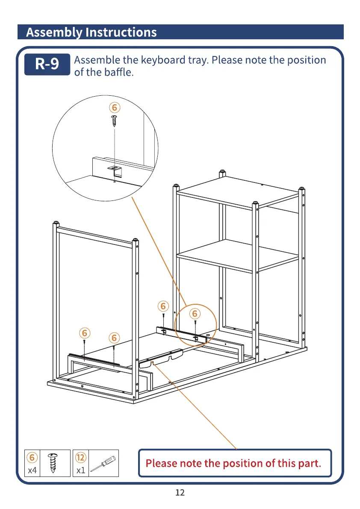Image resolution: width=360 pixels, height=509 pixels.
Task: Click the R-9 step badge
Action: coord(47,65)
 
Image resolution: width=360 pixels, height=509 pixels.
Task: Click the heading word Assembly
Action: coord(55,32)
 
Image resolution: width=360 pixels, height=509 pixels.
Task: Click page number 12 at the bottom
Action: coord(180,493)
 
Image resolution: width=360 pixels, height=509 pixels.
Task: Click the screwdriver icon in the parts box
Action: coord(103,463)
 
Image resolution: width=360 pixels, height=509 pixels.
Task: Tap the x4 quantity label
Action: coord(32,471)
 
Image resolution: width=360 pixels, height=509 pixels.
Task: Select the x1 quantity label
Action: coord(80,471)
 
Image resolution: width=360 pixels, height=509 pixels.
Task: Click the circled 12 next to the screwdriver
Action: coord(81,457)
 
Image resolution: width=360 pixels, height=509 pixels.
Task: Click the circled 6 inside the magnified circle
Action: coord(114,107)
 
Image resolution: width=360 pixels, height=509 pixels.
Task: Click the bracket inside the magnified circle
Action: coord(115,170)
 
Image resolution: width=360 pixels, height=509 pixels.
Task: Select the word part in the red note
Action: coord(309,463)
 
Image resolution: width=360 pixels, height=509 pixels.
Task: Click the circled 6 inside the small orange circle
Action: coord(195,314)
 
